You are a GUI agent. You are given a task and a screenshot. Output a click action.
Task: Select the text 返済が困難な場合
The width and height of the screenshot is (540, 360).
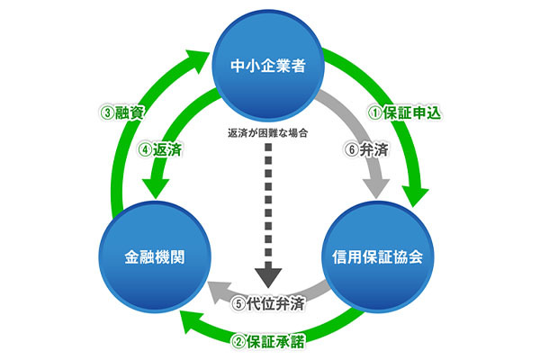[269, 135]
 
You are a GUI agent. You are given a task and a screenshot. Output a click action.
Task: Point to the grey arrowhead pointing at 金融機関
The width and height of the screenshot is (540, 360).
[216, 289]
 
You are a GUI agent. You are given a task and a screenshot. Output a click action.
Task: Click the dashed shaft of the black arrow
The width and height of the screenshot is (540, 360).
[269, 207]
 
